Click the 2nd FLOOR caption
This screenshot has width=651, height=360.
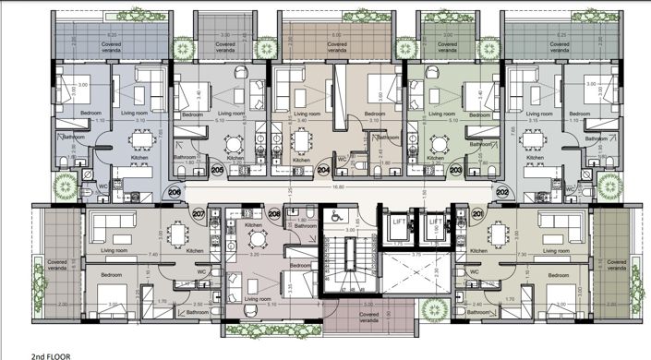click(50, 354)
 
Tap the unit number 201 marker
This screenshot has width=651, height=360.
click(477, 214)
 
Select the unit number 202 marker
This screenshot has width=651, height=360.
click(502, 191)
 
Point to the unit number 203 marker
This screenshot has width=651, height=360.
click(455, 171)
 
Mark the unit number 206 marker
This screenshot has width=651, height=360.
click(175, 191)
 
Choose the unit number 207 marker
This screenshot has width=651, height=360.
click(199, 214)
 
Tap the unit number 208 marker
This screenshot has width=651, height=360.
click(273, 214)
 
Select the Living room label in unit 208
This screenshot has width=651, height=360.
click(259, 299)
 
